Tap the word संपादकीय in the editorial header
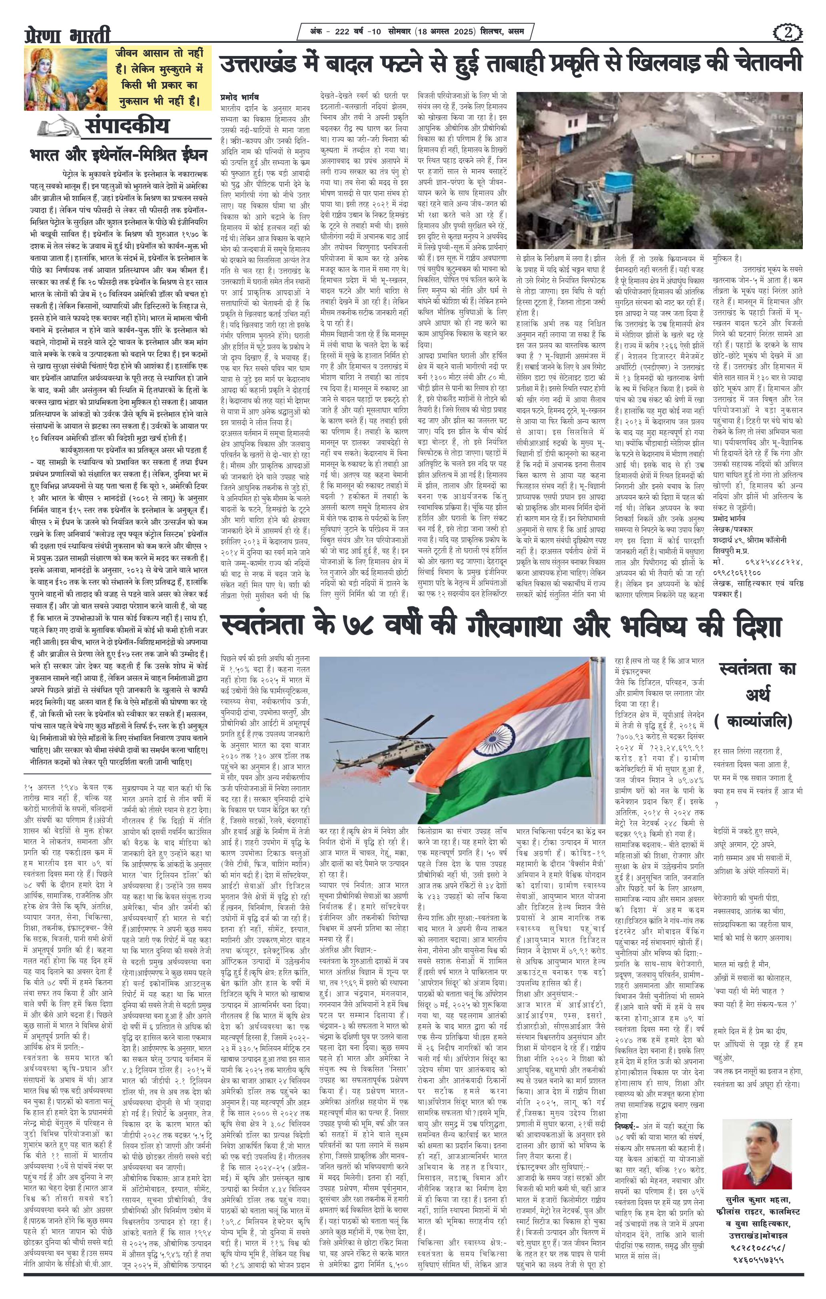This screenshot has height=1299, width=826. [127, 127]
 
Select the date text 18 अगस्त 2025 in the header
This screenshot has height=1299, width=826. [445, 31]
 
